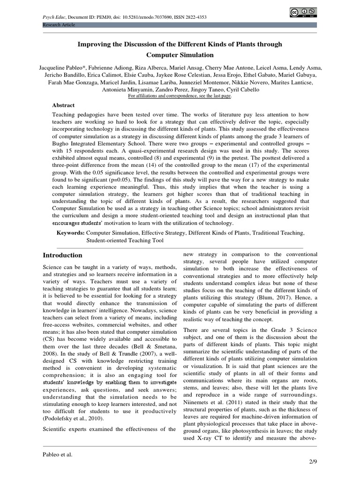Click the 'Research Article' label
point(58,25)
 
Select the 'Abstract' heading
point(63,105)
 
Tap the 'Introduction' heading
point(62,255)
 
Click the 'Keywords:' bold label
point(70,232)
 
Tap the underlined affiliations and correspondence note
point(180,96)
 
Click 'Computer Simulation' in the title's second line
point(180,55)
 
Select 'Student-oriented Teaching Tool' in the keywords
point(125,240)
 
